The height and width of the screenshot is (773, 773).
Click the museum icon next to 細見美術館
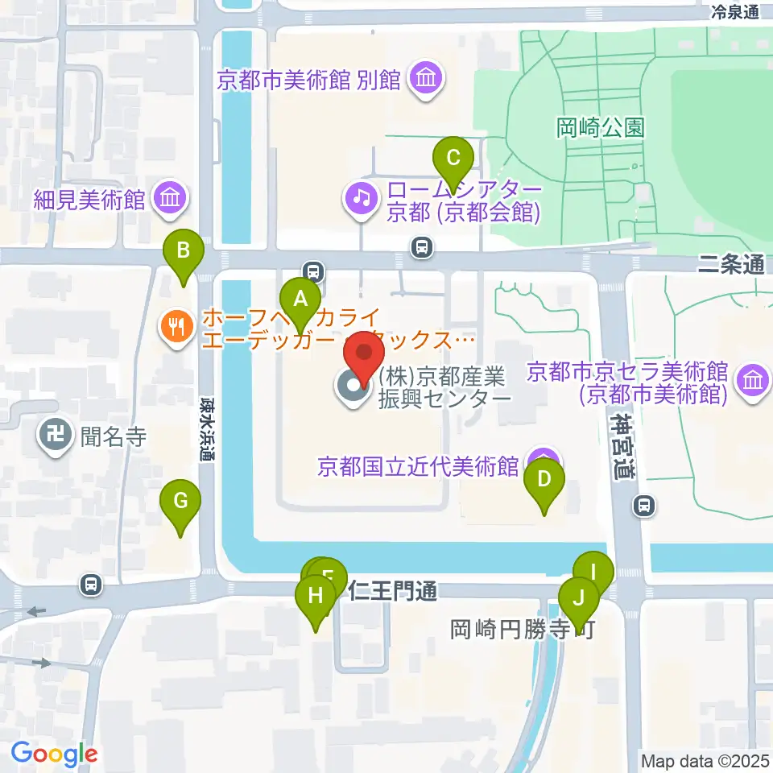point(171,197)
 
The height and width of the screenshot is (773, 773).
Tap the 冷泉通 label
point(735,11)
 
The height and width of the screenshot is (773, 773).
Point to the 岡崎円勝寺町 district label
point(522,629)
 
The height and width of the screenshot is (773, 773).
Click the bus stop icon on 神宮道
point(644,506)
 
